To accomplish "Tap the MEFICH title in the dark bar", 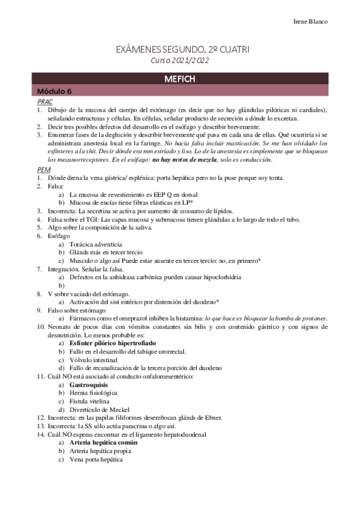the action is pyautogui.click(x=180, y=79).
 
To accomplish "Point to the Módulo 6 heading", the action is pyautogui.click(x=54, y=91).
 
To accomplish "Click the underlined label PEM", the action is pyautogui.click(x=43, y=170).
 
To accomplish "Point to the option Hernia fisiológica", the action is pyautogui.click(x=94, y=392).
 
